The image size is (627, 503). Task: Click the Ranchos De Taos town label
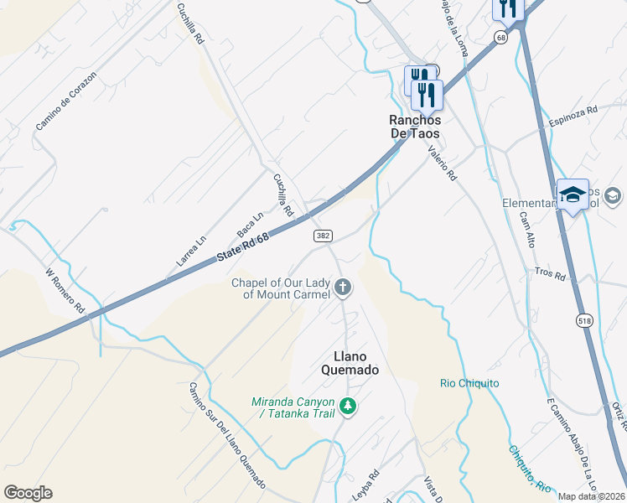[414, 127]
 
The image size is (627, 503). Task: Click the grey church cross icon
[342, 288]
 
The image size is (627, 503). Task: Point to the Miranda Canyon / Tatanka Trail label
[293, 407]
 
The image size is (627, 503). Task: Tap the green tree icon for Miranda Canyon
[348, 407]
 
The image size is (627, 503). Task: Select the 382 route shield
[323, 237]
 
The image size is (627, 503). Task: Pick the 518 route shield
[585, 319]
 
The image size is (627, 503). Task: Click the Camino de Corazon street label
[66, 101]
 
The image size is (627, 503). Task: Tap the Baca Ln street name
[250, 223]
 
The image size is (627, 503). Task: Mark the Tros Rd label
[550, 273]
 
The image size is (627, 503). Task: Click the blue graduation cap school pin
[573, 194]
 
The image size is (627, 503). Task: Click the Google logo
[28, 493]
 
